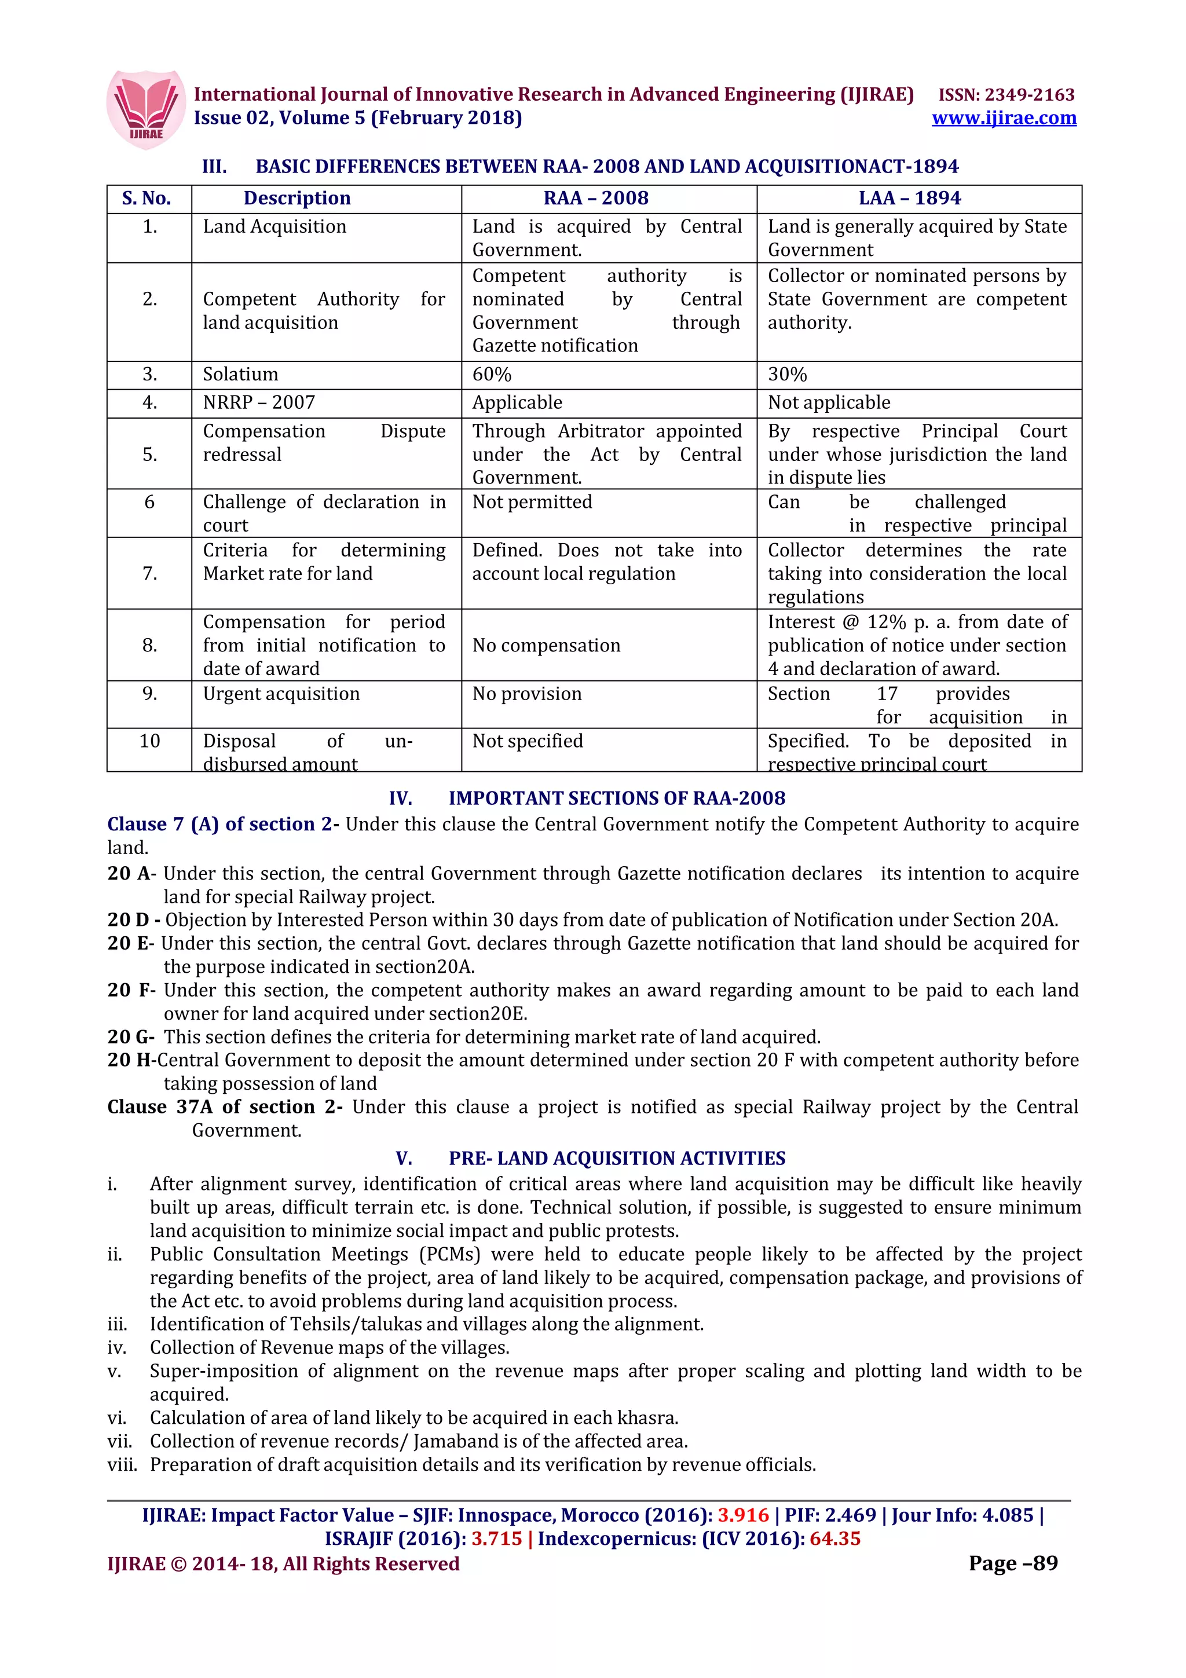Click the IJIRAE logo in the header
[145, 109]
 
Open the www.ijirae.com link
[1004, 118]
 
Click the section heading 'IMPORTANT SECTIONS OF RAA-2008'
[616, 798]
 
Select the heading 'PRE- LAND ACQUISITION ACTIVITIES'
[616, 1159]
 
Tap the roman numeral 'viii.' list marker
[122, 1464]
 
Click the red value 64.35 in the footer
[834, 1538]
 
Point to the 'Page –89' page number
[1013, 1563]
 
